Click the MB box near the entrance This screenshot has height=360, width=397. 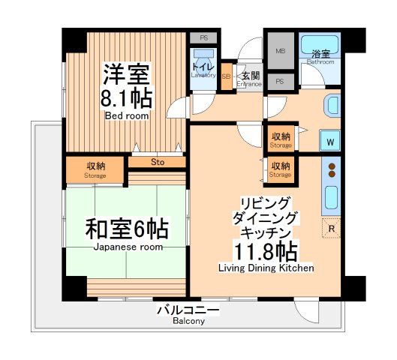281,52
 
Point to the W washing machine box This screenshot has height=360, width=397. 330,139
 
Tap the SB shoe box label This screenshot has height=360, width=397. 226,76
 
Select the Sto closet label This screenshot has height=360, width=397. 157,161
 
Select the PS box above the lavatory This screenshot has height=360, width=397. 203,37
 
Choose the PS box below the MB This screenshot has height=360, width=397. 280,81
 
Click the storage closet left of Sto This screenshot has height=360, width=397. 95,170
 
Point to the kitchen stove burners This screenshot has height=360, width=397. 330,171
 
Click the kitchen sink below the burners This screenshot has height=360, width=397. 331,197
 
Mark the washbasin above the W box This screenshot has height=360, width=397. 331,107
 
